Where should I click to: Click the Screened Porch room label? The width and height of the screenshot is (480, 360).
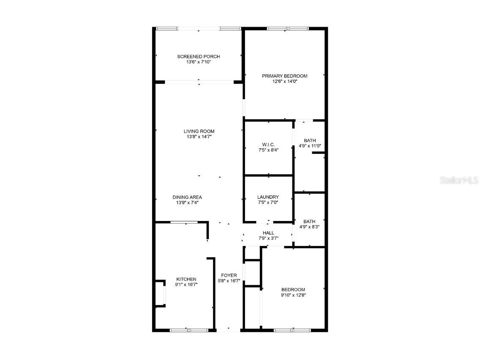coord(198,57)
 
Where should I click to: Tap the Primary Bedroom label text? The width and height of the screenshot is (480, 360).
coord(284,76)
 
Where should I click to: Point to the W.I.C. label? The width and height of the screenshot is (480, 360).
coord(268,145)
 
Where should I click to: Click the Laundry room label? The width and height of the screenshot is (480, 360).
coord(268,197)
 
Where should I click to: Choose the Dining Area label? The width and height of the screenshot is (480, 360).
coord(187,197)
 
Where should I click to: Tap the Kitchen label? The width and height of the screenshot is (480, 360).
coord(186,279)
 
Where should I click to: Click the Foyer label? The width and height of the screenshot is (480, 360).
coord(229,275)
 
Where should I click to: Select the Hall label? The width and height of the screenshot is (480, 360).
coord(268,233)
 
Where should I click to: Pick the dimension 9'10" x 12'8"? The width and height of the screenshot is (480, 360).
coord(293,295)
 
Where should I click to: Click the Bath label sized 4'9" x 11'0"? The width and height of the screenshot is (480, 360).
coord(310,141)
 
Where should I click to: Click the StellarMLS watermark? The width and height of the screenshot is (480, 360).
coord(459,180)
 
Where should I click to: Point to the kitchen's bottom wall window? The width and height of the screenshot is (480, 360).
coord(186,330)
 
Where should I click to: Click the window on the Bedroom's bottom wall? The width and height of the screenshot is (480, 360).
coord(292,330)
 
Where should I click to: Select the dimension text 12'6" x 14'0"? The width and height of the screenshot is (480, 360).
coord(284,82)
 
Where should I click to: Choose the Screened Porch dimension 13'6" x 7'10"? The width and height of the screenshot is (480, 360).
coord(198,62)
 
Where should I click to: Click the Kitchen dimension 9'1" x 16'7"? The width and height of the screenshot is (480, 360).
coord(186,285)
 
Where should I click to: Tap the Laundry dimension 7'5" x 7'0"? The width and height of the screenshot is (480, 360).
coord(268,203)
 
